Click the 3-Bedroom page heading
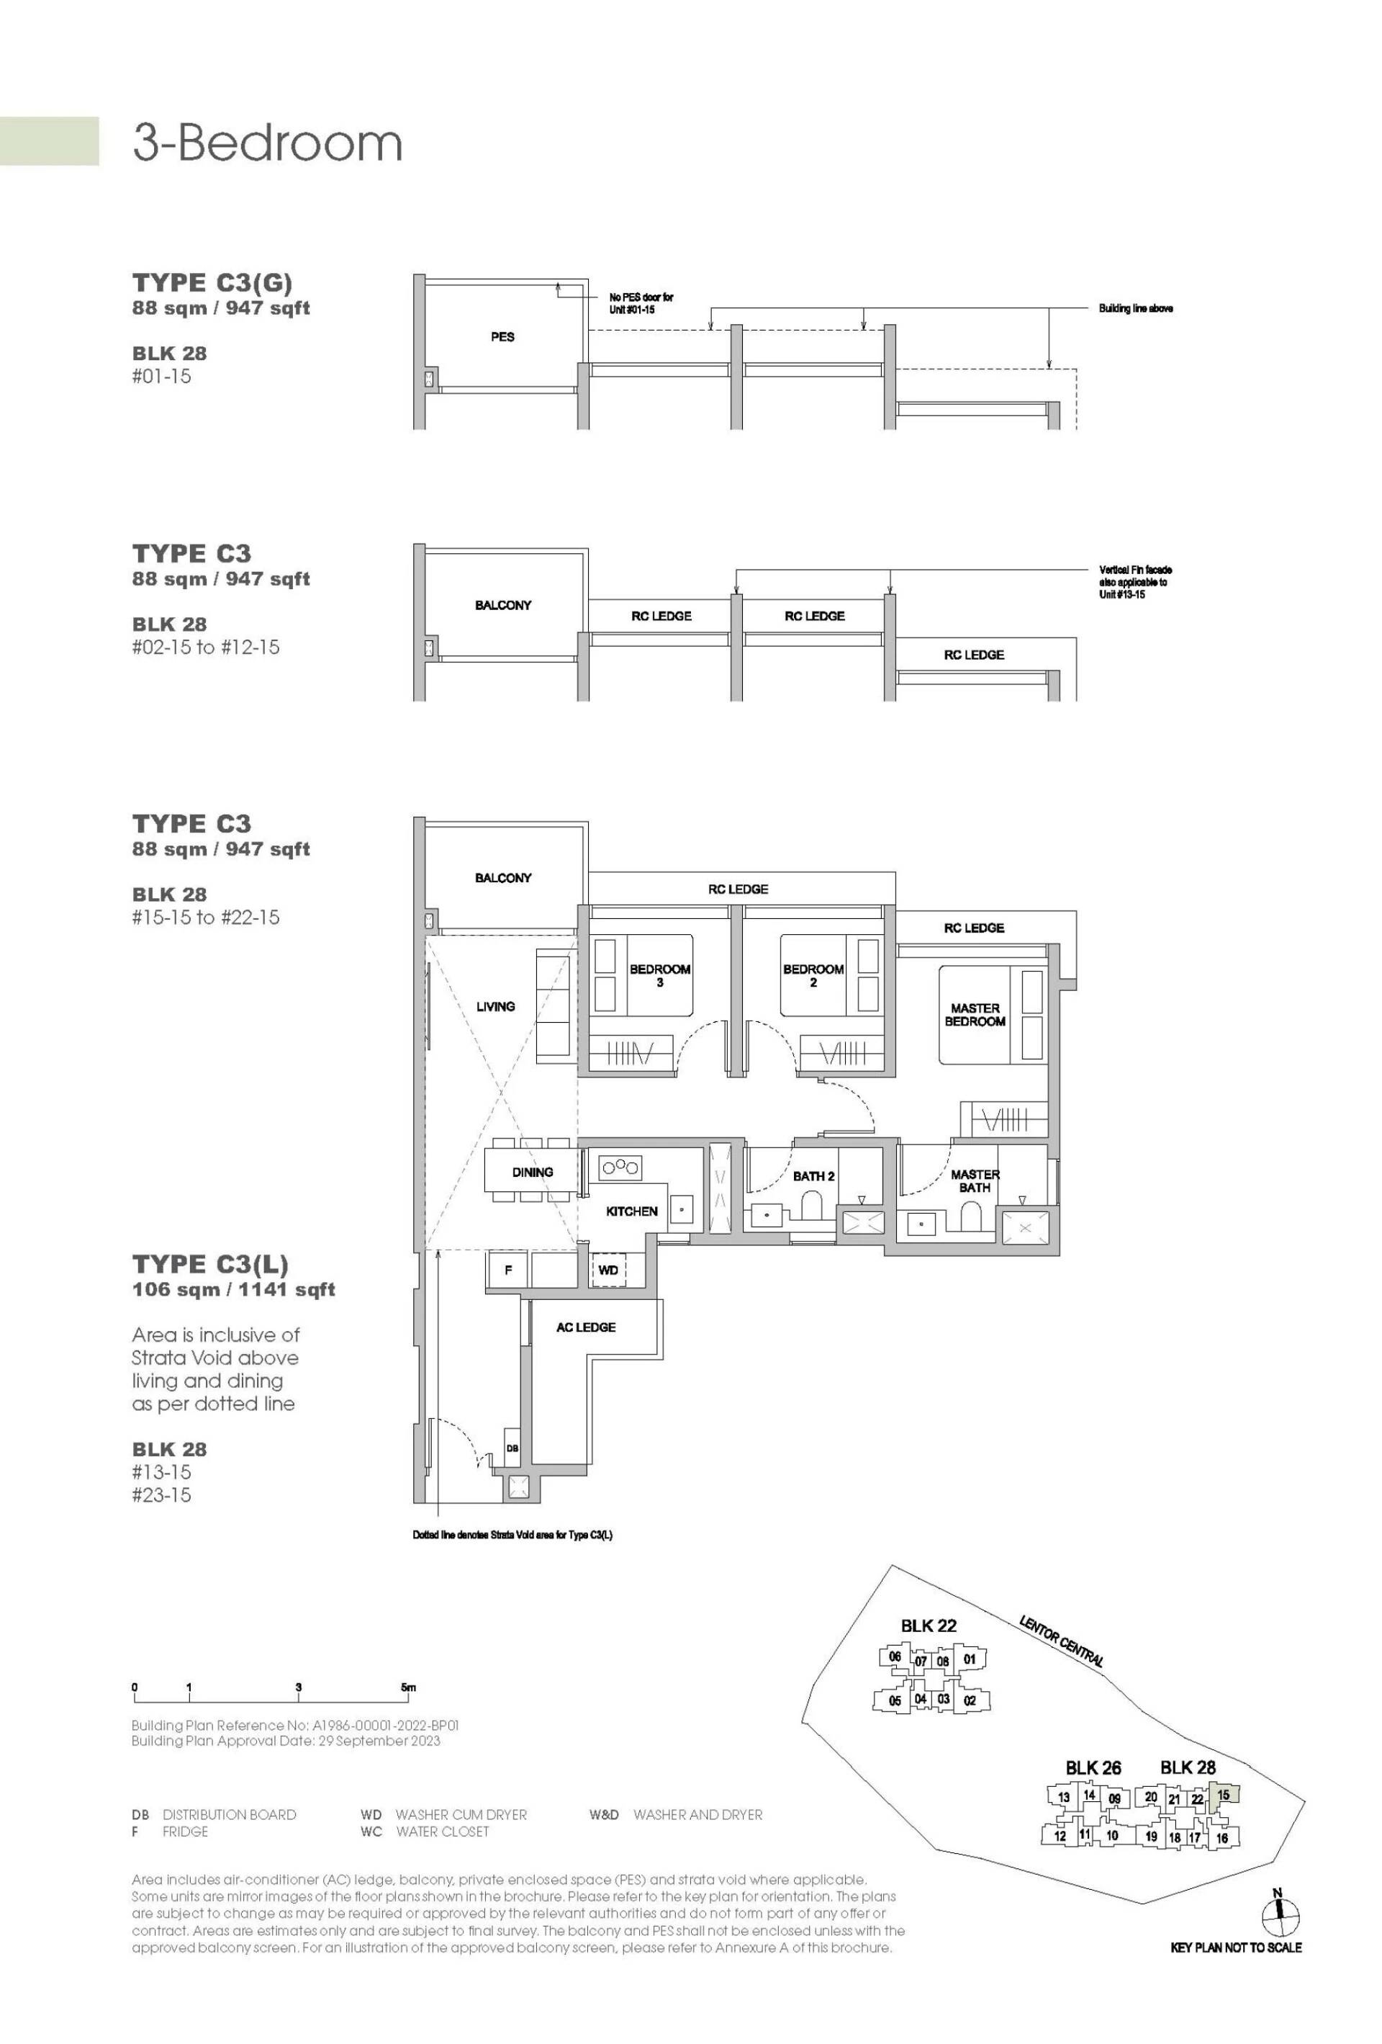(267, 143)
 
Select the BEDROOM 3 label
(659, 975)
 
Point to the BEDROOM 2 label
(813, 975)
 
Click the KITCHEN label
(631, 1211)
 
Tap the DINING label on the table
(532, 1172)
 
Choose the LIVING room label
(495, 1006)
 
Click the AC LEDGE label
(585, 1327)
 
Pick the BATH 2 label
(813, 1176)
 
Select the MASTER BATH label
(975, 1180)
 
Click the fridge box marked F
(508, 1270)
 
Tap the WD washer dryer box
(608, 1270)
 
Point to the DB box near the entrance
(512, 1448)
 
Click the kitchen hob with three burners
(620, 1167)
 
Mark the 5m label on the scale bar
(408, 1687)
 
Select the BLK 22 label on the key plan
(929, 1626)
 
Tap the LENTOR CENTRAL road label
(1061, 1641)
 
